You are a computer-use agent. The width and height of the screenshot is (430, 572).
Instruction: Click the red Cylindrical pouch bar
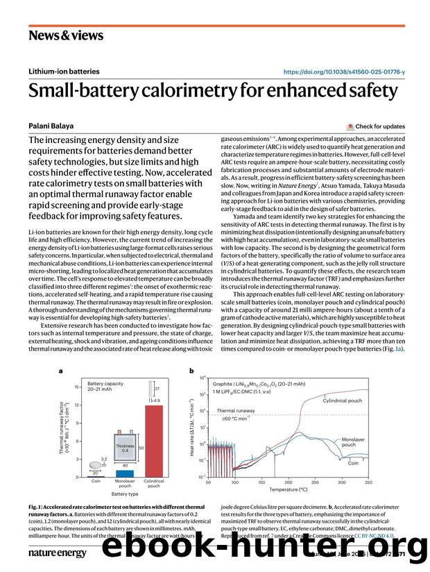point(153,440)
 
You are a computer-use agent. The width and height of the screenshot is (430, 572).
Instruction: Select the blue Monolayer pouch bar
point(125,473)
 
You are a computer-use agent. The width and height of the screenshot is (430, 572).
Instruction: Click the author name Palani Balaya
point(51,126)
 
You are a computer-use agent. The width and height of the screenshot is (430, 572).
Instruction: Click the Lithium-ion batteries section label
point(64,71)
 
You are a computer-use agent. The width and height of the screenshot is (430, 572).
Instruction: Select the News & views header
point(66,35)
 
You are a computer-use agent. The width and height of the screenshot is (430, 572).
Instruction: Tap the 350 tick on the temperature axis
point(368,481)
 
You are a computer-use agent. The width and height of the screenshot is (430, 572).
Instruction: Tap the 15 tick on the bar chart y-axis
point(77,386)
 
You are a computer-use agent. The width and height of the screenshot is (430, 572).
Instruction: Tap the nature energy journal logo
point(57,553)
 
